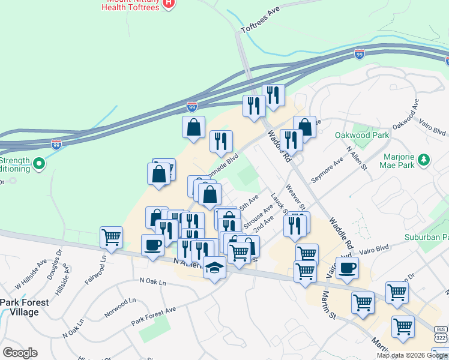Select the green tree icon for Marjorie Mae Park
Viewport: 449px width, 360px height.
coord(424,159)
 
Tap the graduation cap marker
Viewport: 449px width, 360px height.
coord(214,266)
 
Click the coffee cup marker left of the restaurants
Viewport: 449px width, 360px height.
coord(152,244)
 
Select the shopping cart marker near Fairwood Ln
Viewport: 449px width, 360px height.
coord(111,237)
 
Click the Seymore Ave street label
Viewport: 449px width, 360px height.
coord(327,171)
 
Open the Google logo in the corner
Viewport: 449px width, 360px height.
coord(20,353)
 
